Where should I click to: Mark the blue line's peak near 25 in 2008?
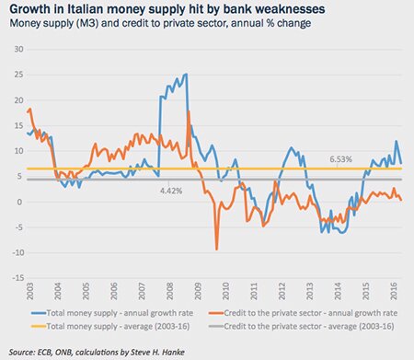pos(186,75)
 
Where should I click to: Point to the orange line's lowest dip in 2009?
pos(217,249)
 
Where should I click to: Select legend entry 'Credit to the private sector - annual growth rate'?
pos(314,314)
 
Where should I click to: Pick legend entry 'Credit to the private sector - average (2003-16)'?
pos(312,326)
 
